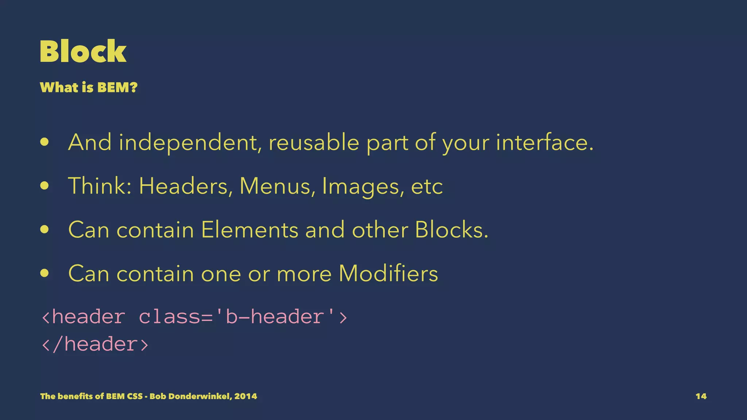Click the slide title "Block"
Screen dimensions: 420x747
coord(83,51)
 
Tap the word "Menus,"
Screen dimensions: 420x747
coord(277,186)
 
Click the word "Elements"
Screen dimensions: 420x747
coord(250,230)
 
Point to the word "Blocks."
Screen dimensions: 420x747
coord(452,230)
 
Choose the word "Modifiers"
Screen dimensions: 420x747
coord(388,273)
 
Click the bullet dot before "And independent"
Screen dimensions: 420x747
coord(44,142)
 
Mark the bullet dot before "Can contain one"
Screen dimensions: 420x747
coord(44,273)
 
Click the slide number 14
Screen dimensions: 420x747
coord(701,396)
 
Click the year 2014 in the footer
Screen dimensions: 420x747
coord(245,396)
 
